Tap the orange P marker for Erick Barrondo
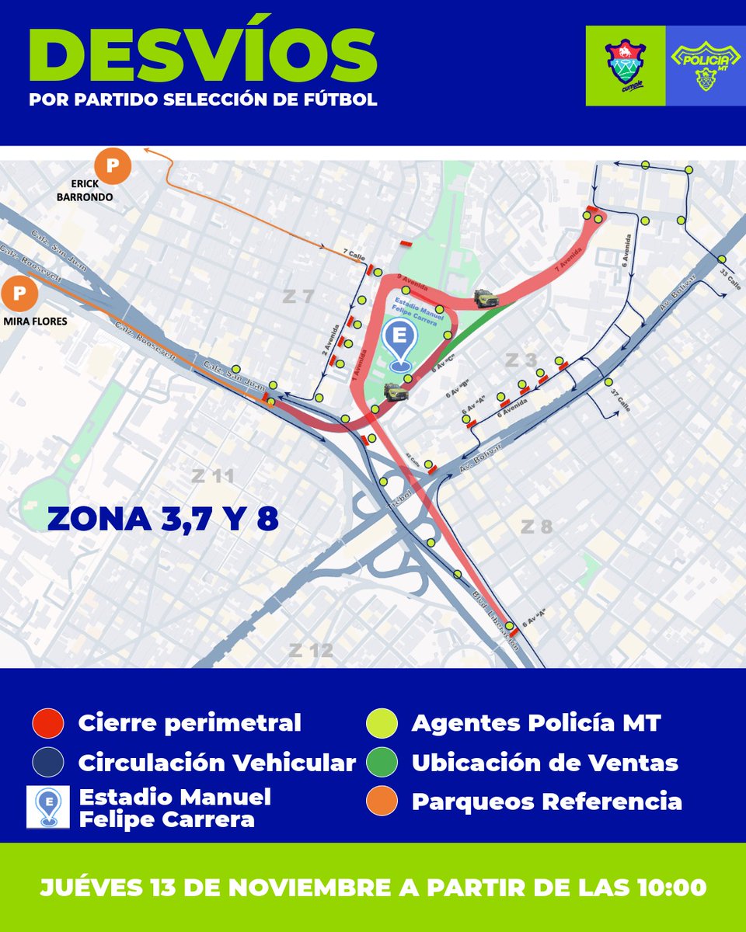point(113,165)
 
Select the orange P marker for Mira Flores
point(21,294)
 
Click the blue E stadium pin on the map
point(401,344)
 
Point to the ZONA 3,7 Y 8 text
point(162,519)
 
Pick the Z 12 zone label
point(311,650)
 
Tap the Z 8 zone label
point(536,527)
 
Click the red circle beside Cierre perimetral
point(47,723)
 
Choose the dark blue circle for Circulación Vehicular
point(47,763)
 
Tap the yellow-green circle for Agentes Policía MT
point(381,723)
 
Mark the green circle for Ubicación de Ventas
point(381,763)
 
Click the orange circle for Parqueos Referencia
point(381,802)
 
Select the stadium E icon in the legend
point(47,806)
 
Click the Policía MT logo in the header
point(705,64)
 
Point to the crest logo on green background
point(626,64)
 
